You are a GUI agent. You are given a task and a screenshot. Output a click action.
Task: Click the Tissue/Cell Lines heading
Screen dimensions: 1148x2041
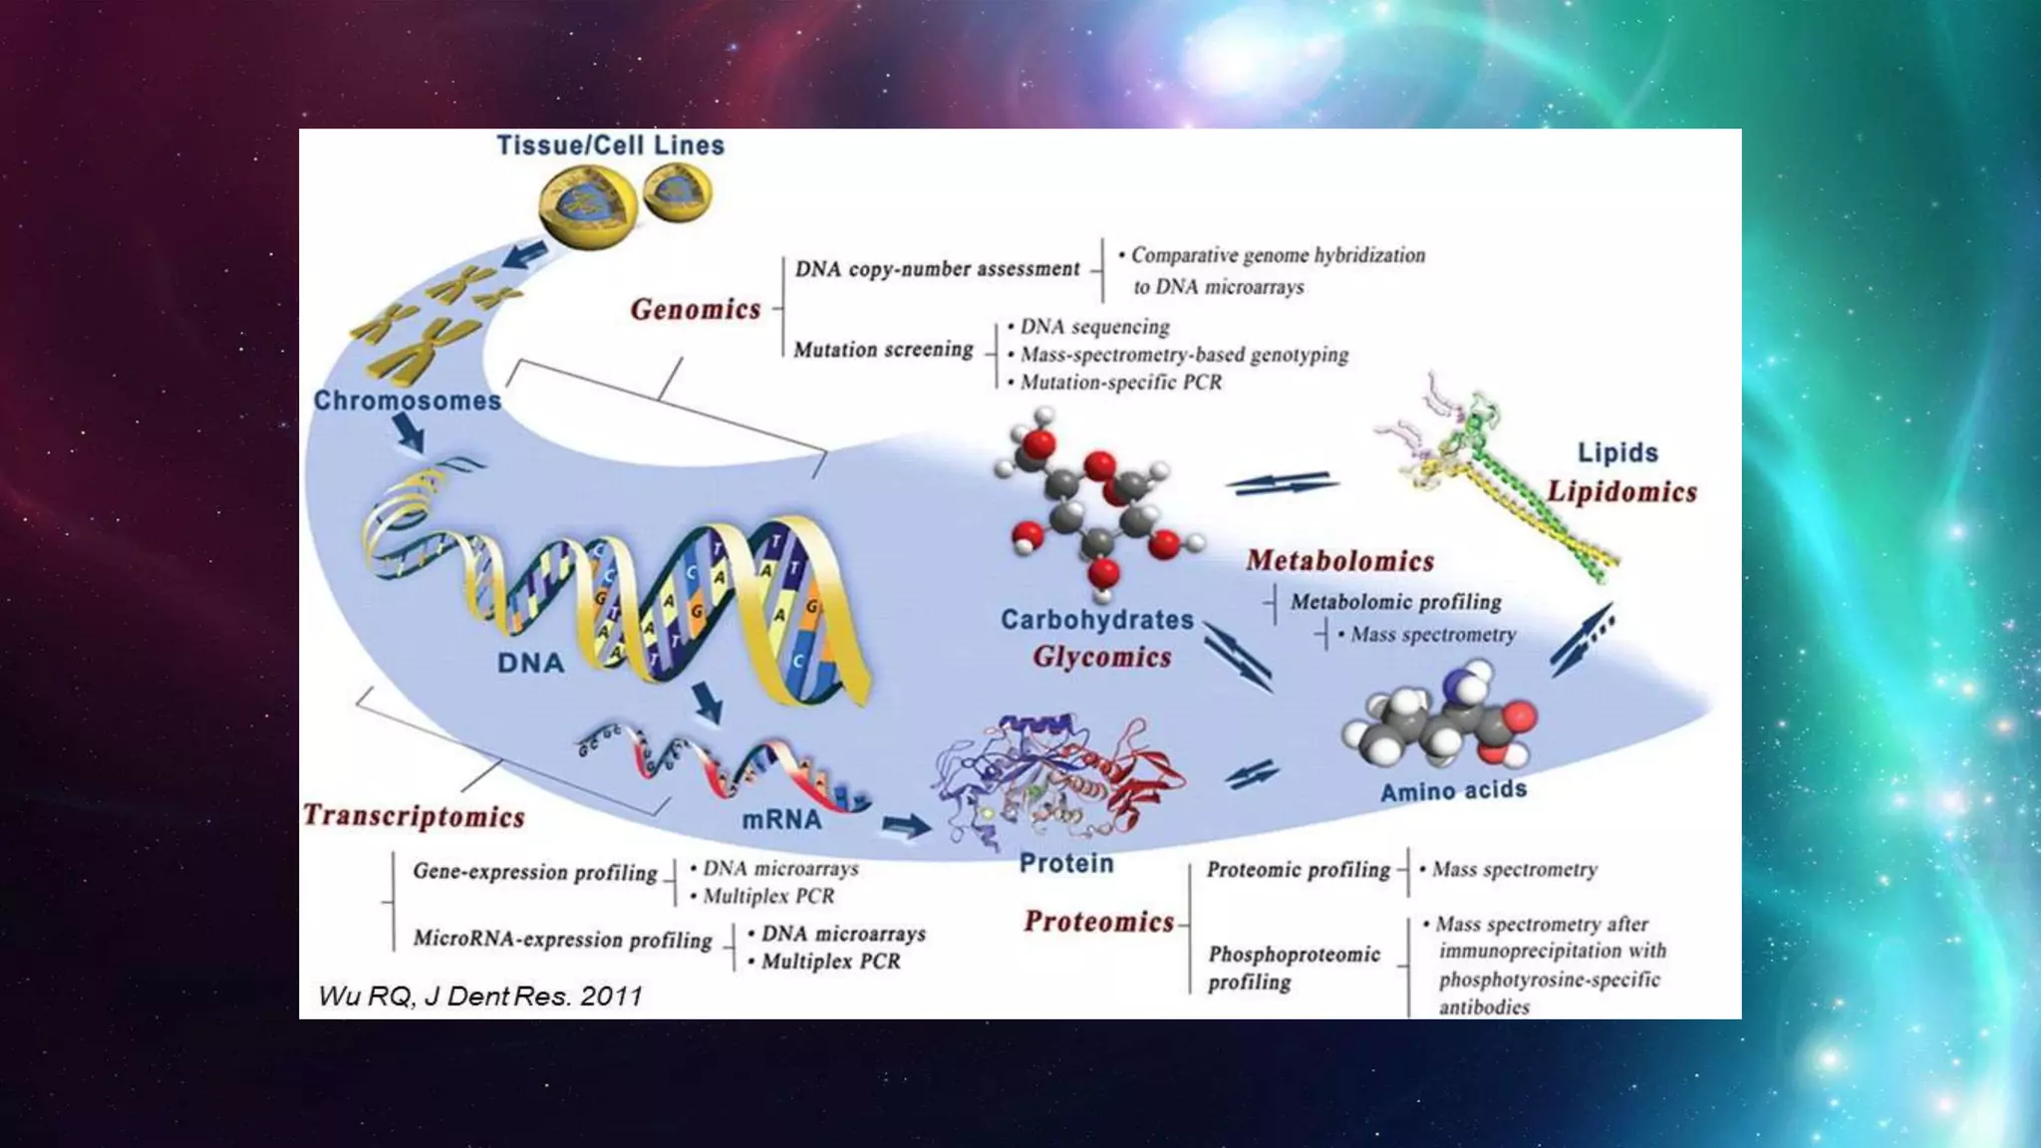coord(610,145)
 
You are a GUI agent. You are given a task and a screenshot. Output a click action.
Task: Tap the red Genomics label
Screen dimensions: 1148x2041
coord(696,310)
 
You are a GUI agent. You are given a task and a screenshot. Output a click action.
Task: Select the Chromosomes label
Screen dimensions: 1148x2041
coord(408,401)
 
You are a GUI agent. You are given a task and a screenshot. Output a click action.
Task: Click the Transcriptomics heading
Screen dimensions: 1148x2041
coord(414,816)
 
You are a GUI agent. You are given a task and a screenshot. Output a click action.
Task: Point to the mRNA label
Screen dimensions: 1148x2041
coord(781,820)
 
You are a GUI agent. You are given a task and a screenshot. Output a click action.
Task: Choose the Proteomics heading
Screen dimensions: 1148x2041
coord(1098,922)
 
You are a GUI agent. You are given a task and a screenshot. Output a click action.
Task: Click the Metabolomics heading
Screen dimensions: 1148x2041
coord(1339,561)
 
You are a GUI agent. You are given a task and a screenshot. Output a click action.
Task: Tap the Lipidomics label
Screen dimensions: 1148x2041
coord(1620,491)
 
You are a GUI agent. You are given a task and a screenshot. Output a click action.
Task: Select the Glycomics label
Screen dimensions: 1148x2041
coord(1101,657)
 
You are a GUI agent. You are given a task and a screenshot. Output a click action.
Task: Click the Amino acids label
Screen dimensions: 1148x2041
coord(1453,790)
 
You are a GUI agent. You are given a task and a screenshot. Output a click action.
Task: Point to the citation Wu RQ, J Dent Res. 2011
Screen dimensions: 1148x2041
coord(480,996)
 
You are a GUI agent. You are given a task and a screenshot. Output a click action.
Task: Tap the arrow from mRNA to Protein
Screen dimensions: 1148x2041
coord(906,825)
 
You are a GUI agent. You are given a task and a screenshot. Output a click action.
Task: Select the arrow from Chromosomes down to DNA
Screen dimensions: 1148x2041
coord(408,432)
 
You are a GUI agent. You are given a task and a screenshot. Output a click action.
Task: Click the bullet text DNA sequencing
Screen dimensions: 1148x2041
coord(1094,327)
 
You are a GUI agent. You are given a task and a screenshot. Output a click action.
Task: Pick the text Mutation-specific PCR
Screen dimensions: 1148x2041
coord(1120,383)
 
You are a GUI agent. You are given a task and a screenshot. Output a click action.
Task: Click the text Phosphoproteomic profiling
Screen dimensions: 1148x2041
coord(1294,968)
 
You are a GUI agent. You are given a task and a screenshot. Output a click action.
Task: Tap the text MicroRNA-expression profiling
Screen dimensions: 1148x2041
coord(562,940)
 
